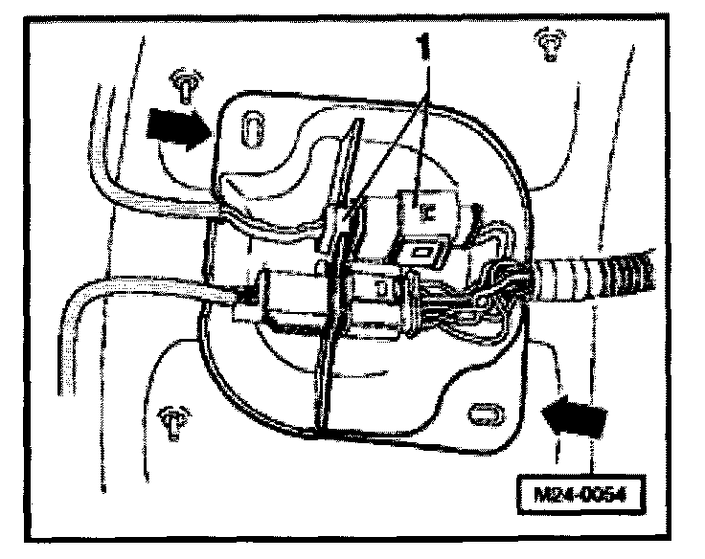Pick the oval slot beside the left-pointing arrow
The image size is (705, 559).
[x=483, y=414]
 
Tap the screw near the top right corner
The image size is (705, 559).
[x=548, y=43]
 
